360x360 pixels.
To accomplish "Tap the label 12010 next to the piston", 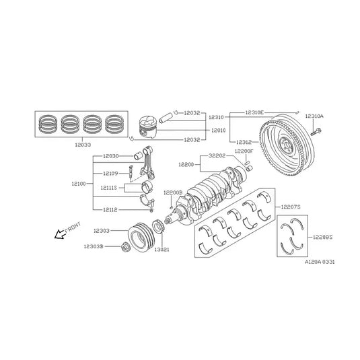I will [x=217, y=130].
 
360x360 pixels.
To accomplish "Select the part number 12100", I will [x=78, y=183].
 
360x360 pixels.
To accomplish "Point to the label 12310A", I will [x=314, y=116].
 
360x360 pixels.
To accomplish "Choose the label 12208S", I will [x=322, y=237].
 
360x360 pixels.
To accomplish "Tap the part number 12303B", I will [x=93, y=247].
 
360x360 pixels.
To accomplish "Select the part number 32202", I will [x=217, y=155].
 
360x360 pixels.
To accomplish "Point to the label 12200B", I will [x=174, y=193].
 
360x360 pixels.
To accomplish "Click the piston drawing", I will [x=151, y=129].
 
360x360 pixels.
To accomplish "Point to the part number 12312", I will [x=244, y=143].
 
